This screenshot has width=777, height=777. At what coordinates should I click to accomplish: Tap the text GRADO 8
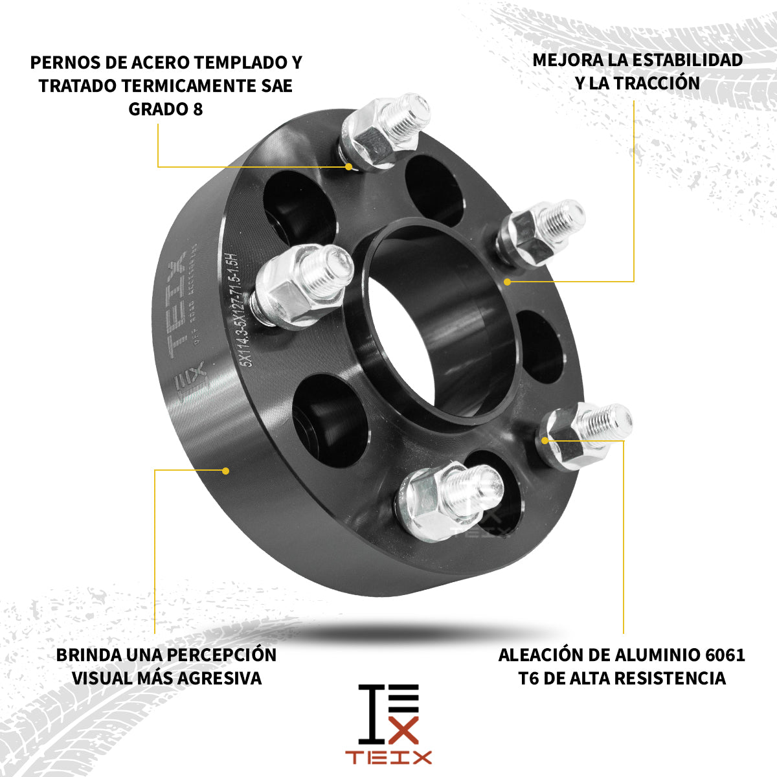coord(166,109)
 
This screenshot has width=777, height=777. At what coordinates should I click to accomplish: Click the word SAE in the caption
coord(278,85)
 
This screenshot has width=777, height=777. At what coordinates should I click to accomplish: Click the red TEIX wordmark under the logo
coord(388,758)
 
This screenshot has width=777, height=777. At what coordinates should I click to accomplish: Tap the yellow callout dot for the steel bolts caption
coord(349,166)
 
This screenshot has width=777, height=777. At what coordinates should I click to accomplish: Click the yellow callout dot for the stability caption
coord(508,282)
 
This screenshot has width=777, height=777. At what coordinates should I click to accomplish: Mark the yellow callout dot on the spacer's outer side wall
coord(226,470)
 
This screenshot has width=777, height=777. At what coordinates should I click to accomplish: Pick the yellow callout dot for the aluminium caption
coord(545,440)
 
